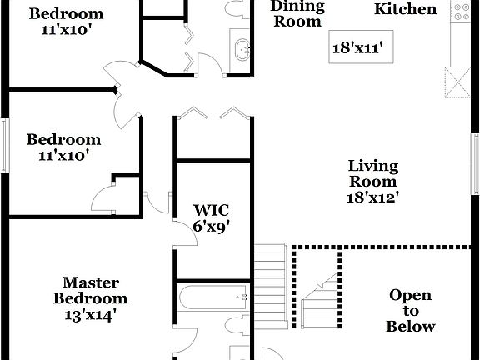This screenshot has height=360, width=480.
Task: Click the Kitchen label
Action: tap(405, 9)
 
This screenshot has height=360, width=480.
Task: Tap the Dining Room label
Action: tap(297, 14)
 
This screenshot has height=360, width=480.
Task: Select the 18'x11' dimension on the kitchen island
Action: tap(357, 48)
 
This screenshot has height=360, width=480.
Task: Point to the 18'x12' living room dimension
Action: tap(372, 197)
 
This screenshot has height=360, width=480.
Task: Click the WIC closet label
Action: tap(212, 209)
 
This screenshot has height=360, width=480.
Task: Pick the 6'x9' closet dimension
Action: tap(212, 225)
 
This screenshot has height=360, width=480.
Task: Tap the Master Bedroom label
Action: tap(91, 291)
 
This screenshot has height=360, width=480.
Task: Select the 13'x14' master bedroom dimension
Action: tap(91, 314)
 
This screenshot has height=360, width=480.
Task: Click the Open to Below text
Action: tap(411, 311)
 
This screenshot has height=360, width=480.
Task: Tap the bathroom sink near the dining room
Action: tap(242, 49)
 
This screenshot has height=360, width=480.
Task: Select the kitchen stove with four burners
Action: tap(460, 11)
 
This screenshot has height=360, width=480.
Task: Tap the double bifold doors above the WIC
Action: tap(212, 114)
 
